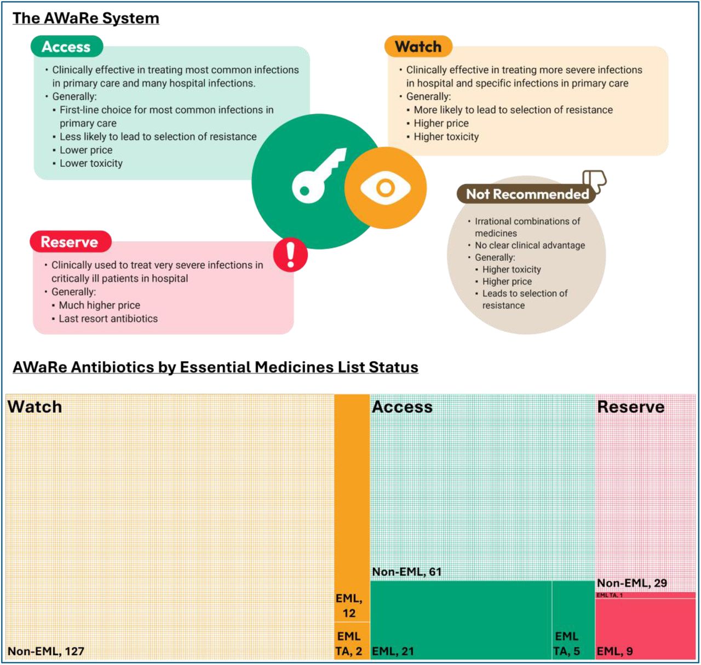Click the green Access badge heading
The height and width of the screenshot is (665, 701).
67,47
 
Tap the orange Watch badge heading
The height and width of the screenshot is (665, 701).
418,47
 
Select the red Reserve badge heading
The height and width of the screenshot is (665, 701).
70,241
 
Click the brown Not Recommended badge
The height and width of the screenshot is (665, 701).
527,194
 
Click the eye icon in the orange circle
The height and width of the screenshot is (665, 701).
385,188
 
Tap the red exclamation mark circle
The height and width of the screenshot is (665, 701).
290,255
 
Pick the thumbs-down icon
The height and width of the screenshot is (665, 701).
595,182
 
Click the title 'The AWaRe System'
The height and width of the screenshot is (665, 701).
86,18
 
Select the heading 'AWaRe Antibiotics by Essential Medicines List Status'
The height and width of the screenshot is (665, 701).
215,367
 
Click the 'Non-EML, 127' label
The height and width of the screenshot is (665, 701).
46,651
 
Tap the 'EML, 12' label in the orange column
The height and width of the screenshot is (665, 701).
349,605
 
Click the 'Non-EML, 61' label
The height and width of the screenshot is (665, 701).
407,571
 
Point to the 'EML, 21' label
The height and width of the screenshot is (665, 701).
393,651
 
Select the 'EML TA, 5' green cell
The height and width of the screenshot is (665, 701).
573,621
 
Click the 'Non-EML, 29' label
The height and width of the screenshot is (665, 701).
632,583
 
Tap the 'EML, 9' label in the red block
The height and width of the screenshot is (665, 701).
614,651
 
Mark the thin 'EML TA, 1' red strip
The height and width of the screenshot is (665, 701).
645,595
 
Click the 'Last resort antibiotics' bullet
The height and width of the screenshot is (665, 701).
108,318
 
